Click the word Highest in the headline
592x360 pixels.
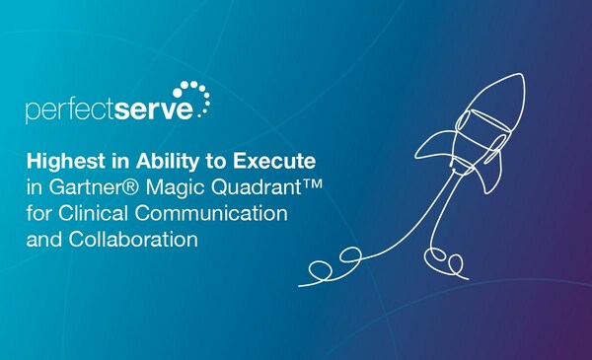click(x=60, y=159)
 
